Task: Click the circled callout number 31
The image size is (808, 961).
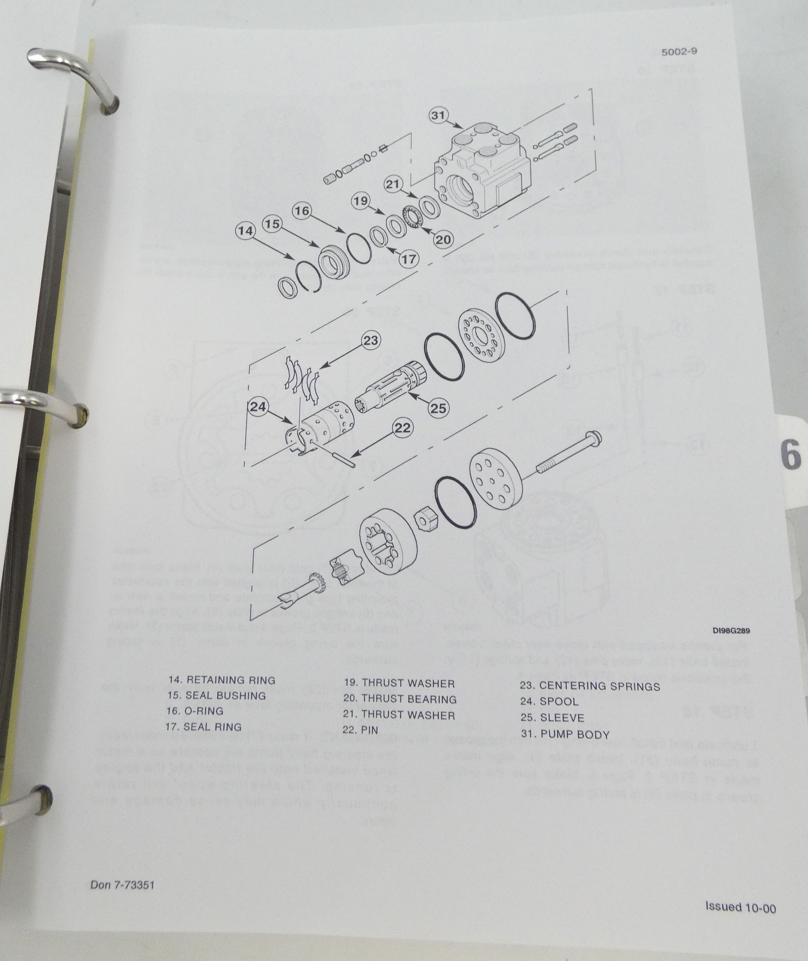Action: pyautogui.click(x=439, y=115)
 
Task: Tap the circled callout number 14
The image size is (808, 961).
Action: pyautogui.click(x=246, y=231)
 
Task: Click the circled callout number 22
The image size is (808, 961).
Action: pyautogui.click(x=403, y=428)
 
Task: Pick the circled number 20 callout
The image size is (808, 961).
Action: pyautogui.click(x=443, y=239)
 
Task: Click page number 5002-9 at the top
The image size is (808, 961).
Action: pyautogui.click(x=679, y=52)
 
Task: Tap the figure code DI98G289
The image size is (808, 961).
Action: pyautogui.click(x=731, y=630)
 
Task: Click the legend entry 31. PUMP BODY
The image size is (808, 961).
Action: pyautogui.click(x=565, y=734)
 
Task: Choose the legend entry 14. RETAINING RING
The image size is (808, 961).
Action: pyautogui.click(x=222, y=680)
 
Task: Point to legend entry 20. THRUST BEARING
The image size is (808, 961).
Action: pyautogui.click(x=400, y=699)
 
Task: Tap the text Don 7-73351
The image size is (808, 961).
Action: pyautogui.click(x=122, y=884)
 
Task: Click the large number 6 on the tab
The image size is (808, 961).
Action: pyautogui.click(x=791, y=456)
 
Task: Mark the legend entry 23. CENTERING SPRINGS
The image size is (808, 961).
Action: pyautogui.click(x=590, y=686)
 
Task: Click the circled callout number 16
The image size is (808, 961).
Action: pyautogui.click(x=302, y=211)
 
